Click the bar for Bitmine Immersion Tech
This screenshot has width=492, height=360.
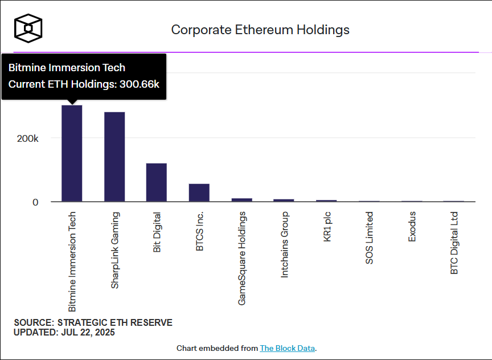tap(72, 153)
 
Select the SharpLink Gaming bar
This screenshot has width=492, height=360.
tap(114, 157)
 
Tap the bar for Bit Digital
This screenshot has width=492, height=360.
tap(157, 182)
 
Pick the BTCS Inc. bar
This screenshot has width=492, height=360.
tap(199, 193)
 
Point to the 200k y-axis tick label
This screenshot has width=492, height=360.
tap(27, 138)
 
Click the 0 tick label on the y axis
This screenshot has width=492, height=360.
tap(35, 202)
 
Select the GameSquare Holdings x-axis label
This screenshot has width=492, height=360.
tap(242, 258)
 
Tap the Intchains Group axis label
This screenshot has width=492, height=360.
tap(285, 244)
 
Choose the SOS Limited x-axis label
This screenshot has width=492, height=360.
tap(370, 238)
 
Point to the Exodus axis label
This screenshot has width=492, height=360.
tap(412, 226)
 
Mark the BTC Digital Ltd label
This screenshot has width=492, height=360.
tap(454, 243)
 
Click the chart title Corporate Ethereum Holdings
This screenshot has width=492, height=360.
tap(260, 30)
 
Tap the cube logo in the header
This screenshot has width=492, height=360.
tap(28, 27)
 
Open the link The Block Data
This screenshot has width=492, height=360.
tap(287, 348)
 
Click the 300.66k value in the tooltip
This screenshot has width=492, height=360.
tap(139, 84)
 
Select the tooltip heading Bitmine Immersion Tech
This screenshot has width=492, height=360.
tap(67, 68)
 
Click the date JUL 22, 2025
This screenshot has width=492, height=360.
tap(88, 333)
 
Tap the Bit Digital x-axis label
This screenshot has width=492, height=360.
tap(157, 232)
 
